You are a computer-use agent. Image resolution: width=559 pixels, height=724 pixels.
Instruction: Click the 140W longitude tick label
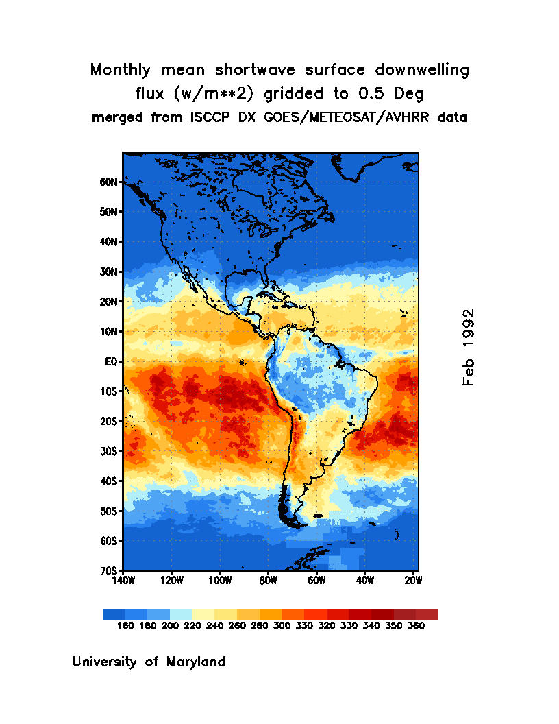tap(123, 581)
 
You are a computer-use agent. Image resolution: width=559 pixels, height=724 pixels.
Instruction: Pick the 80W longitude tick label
tap(268, 581)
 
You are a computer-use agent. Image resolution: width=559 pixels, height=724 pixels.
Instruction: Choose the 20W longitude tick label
tap(413, 581)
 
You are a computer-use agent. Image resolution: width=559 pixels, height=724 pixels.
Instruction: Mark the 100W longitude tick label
tap(219, 581)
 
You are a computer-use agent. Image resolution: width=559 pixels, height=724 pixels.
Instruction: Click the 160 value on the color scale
tap(125, 626)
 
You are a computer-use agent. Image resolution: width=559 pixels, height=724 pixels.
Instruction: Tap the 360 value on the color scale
tap(416, 626)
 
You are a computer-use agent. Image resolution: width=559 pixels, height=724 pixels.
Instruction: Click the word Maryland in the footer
tap(196, 662)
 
